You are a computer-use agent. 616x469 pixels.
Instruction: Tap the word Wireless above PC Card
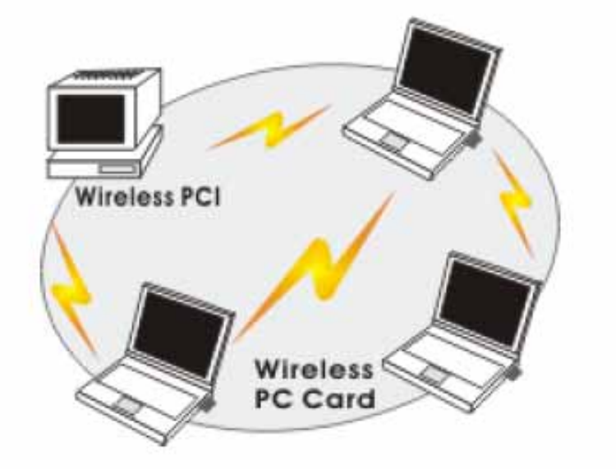(312, 369)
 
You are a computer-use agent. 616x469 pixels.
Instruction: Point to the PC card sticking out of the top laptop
(474, 141)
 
